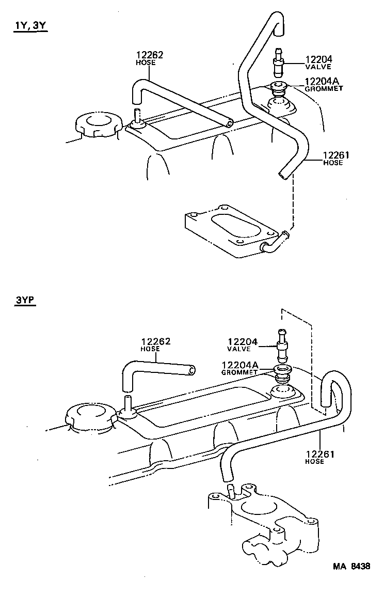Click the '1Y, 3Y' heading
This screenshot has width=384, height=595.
(x=30, y=26)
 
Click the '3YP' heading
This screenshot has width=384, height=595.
(x=25, y=300)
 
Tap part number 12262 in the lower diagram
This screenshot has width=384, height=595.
(x=156, y=341)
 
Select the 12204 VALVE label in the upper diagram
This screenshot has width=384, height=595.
(x=318, y=62)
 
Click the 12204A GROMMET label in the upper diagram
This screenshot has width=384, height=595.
(x=324, y=84)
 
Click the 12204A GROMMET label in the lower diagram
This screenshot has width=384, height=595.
(x=239, y=367)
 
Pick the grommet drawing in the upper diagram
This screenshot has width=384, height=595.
(x=280, y=88)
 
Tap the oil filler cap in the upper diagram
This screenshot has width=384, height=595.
(x=98, y=125)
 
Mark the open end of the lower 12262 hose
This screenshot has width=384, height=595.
(x=193, y=370)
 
